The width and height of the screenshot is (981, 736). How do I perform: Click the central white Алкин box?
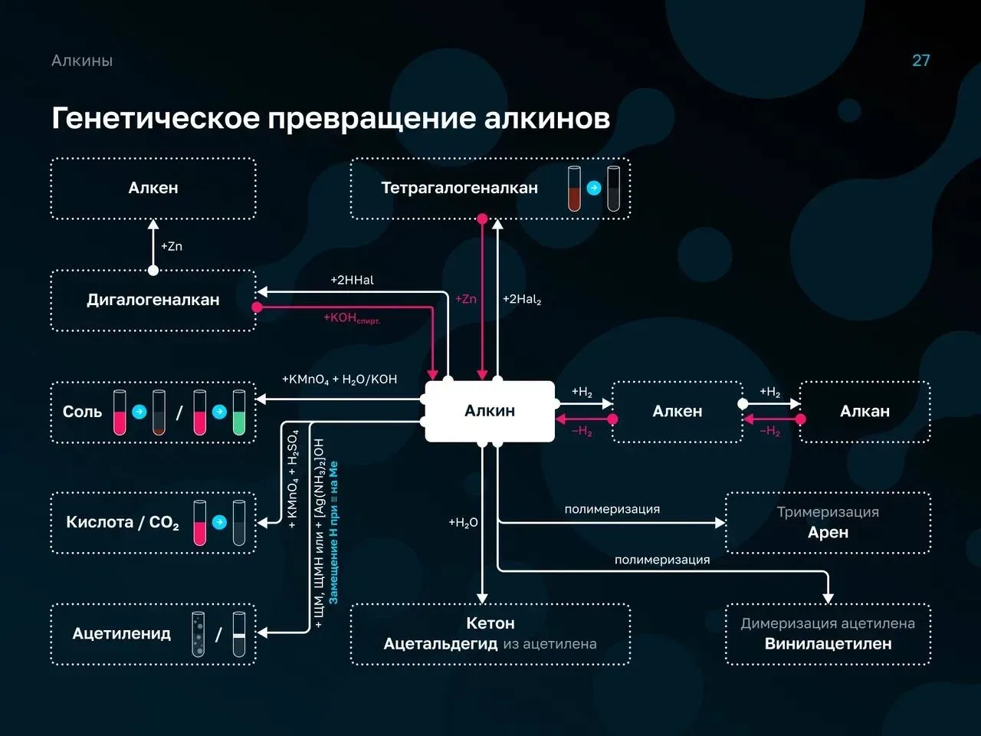[490, 411]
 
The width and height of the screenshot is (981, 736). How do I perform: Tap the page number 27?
[920, 61]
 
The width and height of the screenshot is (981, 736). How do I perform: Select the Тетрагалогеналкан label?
[459, 188]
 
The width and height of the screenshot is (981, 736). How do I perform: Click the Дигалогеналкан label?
[153, 300]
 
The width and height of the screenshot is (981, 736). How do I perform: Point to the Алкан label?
[865, 411]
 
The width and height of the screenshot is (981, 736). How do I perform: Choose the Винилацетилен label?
[828, 643]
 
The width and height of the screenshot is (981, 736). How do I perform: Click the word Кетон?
[490, 623]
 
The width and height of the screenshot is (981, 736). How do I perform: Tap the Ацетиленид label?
[122, 633]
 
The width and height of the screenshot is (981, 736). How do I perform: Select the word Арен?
[828, 532]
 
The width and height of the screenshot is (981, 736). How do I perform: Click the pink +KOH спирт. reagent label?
[352, 318]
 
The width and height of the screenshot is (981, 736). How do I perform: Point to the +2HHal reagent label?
[353, 280]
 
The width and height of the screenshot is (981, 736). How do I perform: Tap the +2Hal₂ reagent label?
[522, 300]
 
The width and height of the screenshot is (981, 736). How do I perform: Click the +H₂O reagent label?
[463, 522]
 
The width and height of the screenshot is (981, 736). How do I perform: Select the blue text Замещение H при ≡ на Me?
[333, 533]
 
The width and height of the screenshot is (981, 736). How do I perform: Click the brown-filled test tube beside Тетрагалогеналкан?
[574, 188]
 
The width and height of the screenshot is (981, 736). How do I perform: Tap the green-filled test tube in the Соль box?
[239, 412]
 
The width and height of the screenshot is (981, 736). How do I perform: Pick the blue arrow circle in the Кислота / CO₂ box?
[219, 522]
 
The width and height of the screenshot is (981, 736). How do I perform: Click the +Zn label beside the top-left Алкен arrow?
[172, 246]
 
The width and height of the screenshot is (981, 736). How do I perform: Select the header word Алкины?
[82, 61]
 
